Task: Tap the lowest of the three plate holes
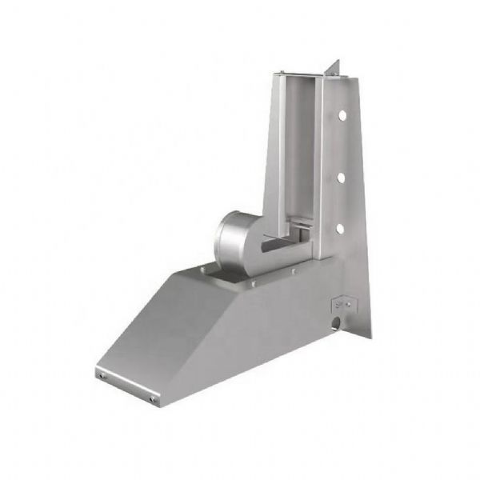coord(342,229)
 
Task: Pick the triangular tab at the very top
coord(336,69)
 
